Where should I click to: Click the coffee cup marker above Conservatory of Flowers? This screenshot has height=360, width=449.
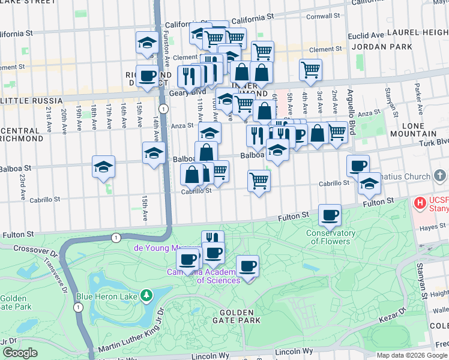click(329, 215)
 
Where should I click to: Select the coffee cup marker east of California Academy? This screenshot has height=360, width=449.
click(247, 265)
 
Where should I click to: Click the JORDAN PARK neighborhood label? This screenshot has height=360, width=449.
click(382, 46)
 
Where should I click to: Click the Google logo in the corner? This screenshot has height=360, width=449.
click(20, 353)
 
